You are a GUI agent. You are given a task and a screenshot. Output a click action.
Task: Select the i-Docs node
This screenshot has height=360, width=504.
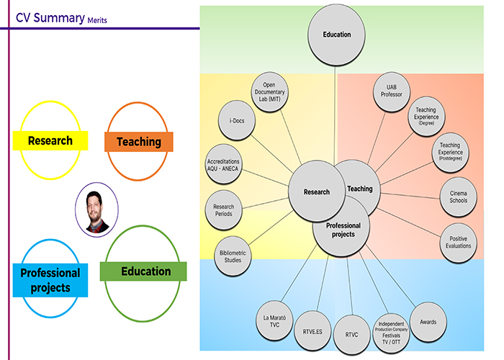coord(237,121)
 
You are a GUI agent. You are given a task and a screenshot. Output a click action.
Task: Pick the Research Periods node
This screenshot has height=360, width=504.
coord(223,211)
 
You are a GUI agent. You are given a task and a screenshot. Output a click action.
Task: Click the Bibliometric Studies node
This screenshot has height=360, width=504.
coord(234,255)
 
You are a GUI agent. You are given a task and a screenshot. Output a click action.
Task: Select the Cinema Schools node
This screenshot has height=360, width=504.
coord(458,197)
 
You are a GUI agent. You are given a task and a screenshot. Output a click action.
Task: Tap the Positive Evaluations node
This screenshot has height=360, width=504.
coord(458,242)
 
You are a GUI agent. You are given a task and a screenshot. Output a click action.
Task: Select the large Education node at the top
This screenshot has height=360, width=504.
coord(336,35)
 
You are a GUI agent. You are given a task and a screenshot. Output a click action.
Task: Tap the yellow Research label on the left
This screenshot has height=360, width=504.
coord(50,140)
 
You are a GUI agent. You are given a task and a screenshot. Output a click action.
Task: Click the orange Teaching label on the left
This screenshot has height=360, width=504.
coord(138,142)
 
